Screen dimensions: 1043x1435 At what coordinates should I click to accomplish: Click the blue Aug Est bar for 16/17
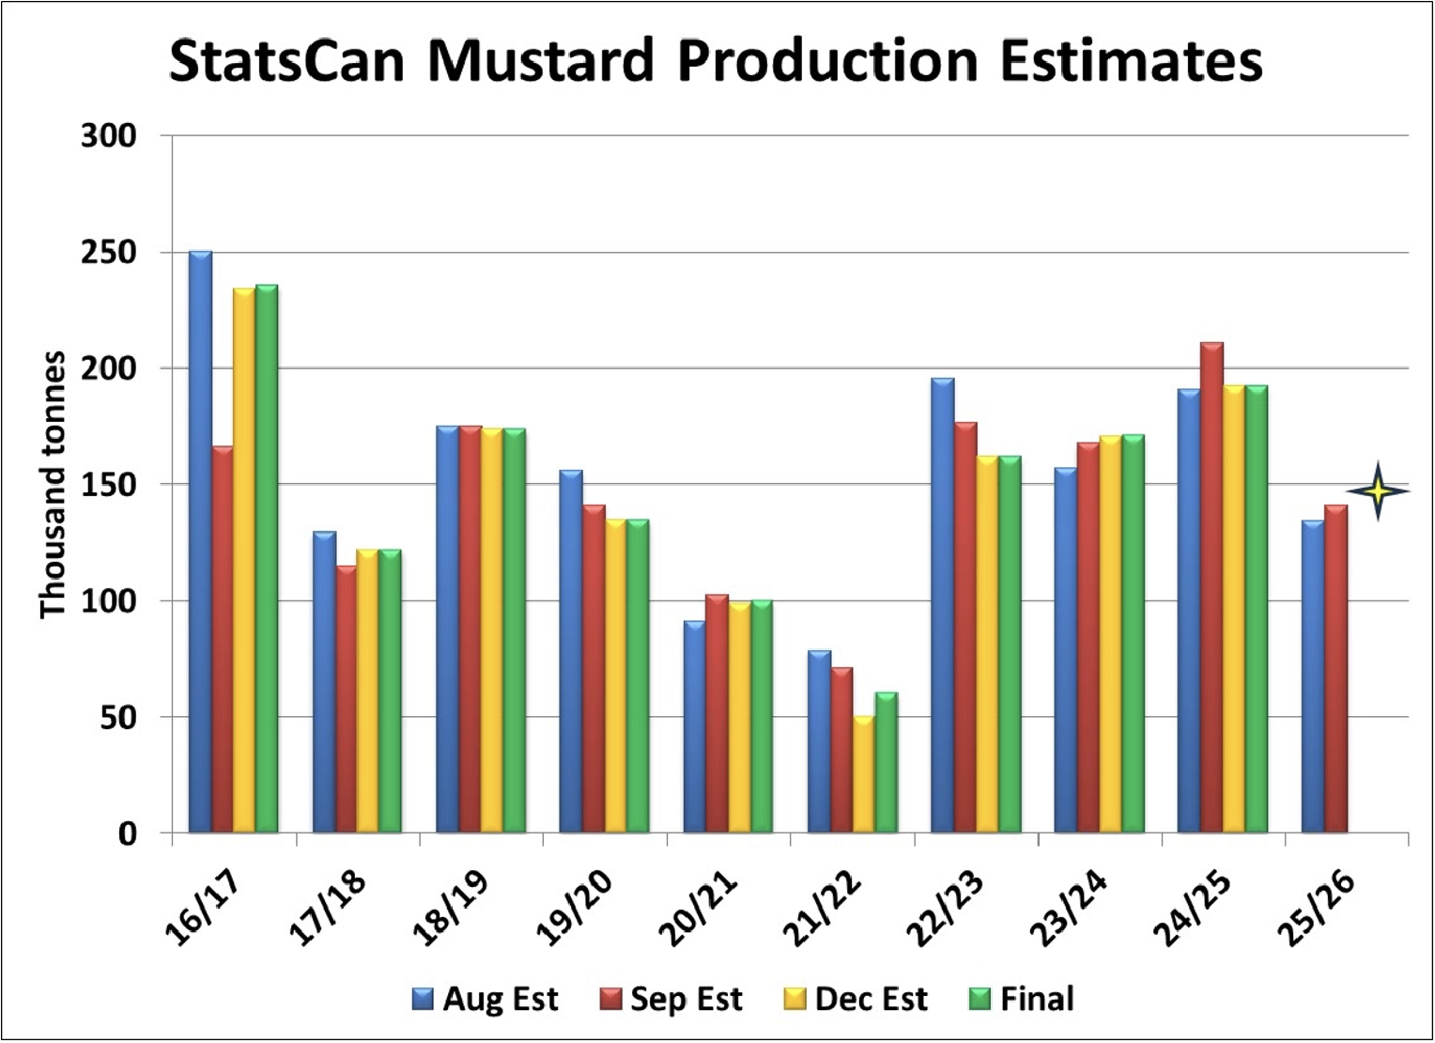(200, 542)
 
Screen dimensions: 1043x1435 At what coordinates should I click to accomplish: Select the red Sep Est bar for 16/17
(223, 640)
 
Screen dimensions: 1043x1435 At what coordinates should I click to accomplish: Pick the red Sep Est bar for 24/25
(1211, 588)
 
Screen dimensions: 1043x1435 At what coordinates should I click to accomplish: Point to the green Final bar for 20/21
(762, 716)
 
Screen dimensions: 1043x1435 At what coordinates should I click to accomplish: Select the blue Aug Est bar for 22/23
(942, 606)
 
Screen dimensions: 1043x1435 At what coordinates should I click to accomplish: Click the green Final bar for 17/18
(390, 692)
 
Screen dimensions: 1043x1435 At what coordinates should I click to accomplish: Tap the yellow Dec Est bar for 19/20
(615, 677)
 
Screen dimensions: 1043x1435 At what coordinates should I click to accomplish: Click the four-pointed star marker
(1378, 491)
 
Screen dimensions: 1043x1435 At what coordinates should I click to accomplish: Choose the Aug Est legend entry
(486, 999)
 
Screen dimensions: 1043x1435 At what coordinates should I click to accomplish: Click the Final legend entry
(1021, 999)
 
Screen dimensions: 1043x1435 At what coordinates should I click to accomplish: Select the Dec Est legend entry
(856, 999)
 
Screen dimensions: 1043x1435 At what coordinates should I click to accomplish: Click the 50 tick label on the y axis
(117, 718)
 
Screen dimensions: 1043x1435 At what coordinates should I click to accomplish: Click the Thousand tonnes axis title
(53, 485)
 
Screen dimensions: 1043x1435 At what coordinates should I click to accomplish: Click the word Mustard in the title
(541, 62)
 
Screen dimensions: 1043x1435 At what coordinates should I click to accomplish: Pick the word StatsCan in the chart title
(286, 62)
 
